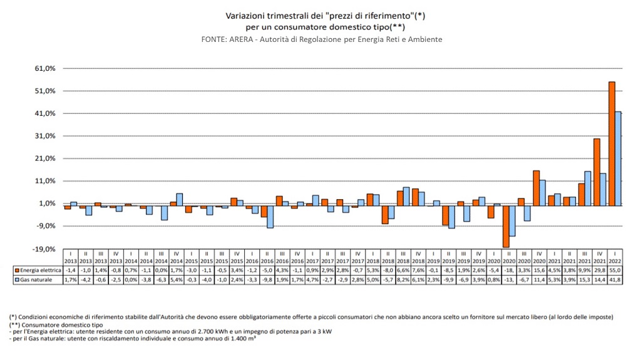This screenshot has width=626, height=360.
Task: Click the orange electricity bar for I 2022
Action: tap(612, 144)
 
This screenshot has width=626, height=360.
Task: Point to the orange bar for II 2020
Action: tap(506, 226)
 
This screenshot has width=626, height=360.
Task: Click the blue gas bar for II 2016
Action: tap(270, 217)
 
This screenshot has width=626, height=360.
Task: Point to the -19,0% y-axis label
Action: tap(47, 249)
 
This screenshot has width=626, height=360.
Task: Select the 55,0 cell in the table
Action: tap(615, 270)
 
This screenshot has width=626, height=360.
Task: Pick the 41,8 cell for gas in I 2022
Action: tap(615, 279)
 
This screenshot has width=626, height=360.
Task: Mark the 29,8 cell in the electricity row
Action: tap(600, 270)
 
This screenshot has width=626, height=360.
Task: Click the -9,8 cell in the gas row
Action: tap(267, 279)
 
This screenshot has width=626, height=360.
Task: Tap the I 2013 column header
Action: tap(71, 257)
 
